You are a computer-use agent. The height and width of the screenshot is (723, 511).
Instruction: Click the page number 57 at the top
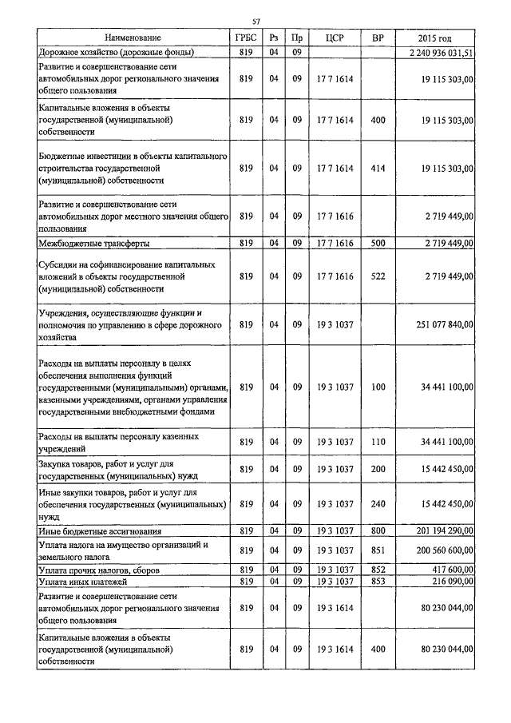pos(255,21)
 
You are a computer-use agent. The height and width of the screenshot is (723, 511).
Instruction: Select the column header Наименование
pos(133,38)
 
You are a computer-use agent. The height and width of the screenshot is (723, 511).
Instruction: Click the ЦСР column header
pos(335,38)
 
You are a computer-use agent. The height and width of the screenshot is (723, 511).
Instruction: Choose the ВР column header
pos(378,38)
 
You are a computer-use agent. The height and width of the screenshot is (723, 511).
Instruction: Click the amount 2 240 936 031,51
pos(440,52)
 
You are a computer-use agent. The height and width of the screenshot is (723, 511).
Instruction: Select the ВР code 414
pos(378,169)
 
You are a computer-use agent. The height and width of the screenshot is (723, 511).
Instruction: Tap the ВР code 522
pos(378,276)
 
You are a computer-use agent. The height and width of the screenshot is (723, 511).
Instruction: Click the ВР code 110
pos(378,442)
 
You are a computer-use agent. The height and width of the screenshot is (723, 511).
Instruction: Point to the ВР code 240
pos(378,504)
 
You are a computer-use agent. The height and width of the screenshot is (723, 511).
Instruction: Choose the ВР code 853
pos(378,582)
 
